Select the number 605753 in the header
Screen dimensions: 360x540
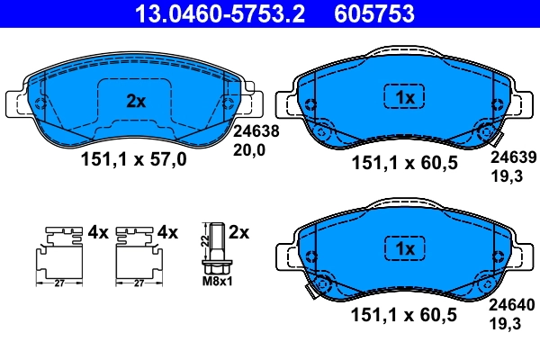376,13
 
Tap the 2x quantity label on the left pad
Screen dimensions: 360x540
135,102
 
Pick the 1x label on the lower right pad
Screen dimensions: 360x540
404,247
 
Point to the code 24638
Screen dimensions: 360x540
256,130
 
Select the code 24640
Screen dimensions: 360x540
511,305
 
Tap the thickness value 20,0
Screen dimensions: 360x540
249,151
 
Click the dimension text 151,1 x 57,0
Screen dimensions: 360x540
136,161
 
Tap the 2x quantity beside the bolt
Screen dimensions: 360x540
238,231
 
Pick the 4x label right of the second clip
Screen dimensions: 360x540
168,231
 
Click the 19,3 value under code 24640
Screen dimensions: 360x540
503,320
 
